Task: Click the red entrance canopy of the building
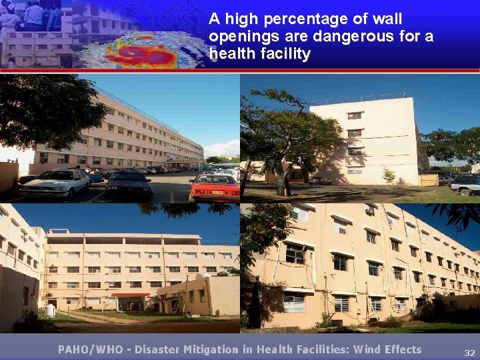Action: coord(131,295)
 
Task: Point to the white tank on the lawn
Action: coord(49,311)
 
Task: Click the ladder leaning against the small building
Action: coord(175,305)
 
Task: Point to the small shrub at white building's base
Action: coord(389,176)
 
